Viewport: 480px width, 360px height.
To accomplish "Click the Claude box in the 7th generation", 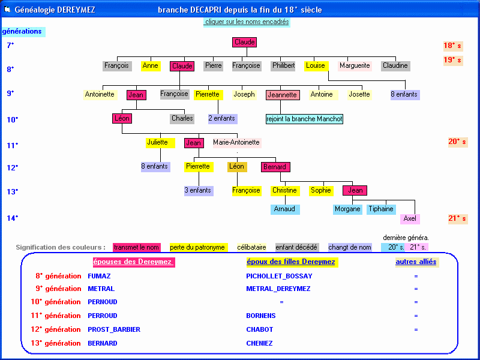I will [244, 43].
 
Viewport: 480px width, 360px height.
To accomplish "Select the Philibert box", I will [283, 66].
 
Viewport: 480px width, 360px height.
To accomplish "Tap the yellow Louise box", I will [316, 66].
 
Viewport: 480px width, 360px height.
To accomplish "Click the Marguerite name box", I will [355, 66].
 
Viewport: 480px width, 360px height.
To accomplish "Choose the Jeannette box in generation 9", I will [282, 95].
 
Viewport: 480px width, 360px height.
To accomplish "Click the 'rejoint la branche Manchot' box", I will [304, 119].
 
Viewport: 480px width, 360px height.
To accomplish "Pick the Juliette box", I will [157, 143].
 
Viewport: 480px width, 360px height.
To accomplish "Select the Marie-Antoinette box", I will [236, 143].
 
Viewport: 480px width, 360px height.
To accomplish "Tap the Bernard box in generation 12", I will [275, 167].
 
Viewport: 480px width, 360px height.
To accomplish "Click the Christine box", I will [284, 191].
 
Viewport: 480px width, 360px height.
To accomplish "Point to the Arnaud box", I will [284, 209].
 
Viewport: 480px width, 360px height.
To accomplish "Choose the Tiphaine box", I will [381, 209].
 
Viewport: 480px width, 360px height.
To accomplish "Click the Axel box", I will [410, 219].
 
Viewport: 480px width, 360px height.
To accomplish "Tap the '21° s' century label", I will [457, 219].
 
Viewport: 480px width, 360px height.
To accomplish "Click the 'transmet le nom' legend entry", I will [137, 247].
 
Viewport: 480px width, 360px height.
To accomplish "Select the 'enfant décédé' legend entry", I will [296, 247].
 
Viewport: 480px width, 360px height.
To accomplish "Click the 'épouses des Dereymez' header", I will [134, 262].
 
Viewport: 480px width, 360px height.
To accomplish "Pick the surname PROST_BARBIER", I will [109, 329].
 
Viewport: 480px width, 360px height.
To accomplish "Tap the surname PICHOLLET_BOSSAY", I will [279, 276].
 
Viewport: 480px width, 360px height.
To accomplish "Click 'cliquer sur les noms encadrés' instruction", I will [247, 22].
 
